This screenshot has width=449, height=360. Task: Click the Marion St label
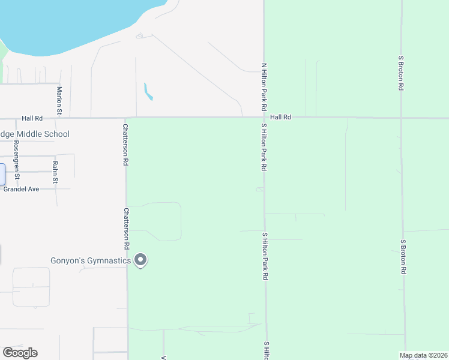[x=59, y=100]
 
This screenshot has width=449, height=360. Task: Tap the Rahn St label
[x=55, y=172]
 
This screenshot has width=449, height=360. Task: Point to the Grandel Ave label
[x=21, y=188]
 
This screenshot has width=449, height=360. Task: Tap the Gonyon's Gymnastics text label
[x=90, y=260]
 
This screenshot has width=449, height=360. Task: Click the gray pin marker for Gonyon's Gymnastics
[x=140, y=260]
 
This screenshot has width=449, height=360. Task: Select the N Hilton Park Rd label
[x=263, y=86]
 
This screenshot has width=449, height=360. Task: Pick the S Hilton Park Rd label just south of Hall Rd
[x=264, y=148]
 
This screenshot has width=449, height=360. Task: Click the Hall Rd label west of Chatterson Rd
[x=32, y=119]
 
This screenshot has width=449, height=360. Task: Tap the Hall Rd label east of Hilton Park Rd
[x=280, y=118]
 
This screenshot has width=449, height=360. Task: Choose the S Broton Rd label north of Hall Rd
[x=400, y=73]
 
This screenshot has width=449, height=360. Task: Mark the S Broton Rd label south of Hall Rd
[x=403, y=256]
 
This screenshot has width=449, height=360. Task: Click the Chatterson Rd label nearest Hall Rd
[x=126, y=145]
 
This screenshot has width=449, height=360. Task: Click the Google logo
[x=20, y=353]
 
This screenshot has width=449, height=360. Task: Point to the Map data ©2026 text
[x=423, y=355]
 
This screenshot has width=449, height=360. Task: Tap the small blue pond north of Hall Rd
[x=148, y=92]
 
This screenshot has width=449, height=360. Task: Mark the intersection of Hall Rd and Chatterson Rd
[x=125, y=118]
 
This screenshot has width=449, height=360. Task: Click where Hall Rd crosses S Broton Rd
[x=402, y=118]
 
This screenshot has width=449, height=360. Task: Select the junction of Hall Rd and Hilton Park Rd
[x=264, y=118]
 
